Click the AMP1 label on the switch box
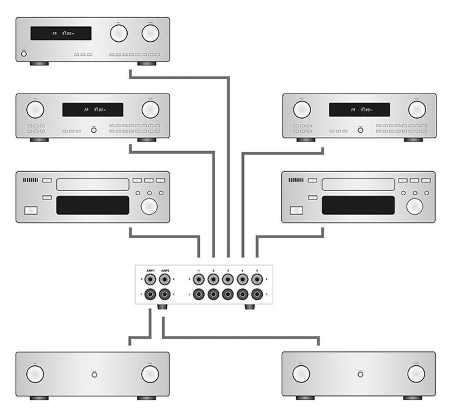tap(150, 271)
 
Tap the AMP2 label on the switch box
tap(165, 271)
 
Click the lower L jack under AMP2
tap(165, 294)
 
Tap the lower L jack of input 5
tap(257, 294)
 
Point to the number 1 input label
tap(198, 271)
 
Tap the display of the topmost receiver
tap(61, 34)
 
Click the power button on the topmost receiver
tap(24, 54)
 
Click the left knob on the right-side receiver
tap(302, 110)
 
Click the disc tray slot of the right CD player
tap(357, 184)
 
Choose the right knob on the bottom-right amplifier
tap(416, 374)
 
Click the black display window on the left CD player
tap(92, 205)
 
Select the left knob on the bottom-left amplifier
tap(35, 374)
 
